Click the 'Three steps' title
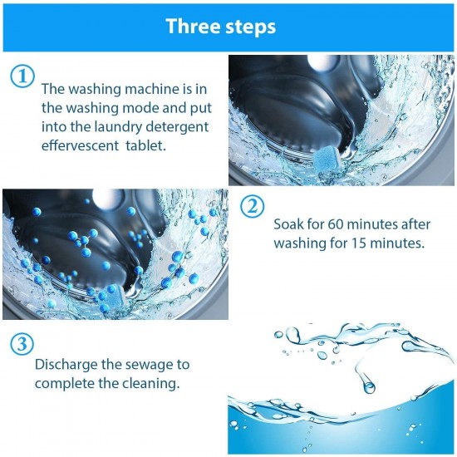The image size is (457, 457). tap(220, 25)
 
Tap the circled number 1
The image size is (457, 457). tap(22, 76)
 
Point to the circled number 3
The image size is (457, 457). tap(22, 342)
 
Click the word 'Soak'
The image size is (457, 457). tap(288, 224)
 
